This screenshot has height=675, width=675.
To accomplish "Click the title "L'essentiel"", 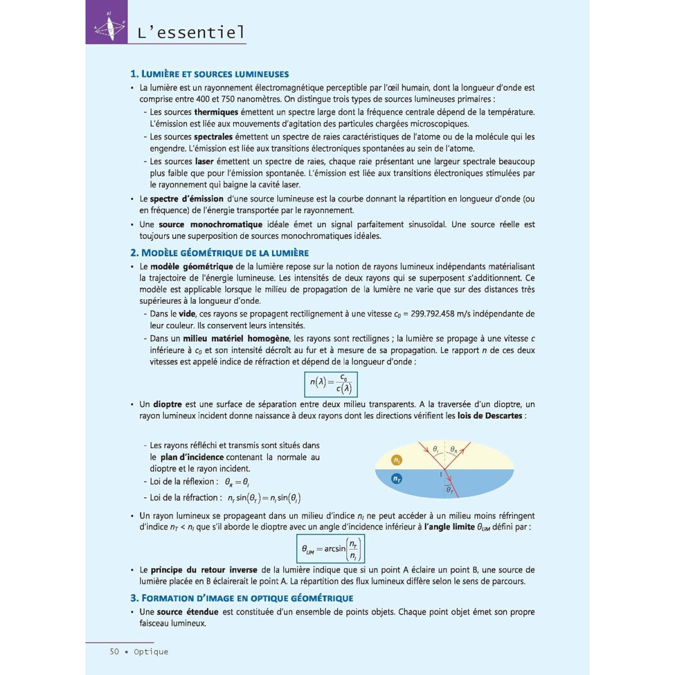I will [191, 32].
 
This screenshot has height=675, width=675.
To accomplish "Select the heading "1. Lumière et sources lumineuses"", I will [209, 74].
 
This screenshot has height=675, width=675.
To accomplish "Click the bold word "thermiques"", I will [216, 112].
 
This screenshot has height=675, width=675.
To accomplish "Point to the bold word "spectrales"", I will [213, 137].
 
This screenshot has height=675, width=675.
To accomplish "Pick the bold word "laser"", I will [204, 161].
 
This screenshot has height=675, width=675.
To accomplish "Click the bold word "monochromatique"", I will [226, 224].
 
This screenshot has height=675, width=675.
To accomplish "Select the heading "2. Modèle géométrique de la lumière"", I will [219, 253].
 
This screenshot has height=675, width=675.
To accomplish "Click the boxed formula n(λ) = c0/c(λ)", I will [331, 384].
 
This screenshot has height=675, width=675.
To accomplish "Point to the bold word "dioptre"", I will [167, 404].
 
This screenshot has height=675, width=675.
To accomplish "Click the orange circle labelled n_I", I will [397, 460].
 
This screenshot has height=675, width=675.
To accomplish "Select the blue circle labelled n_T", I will [397, 479].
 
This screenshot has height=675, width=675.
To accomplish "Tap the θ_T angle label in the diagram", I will [449, 490].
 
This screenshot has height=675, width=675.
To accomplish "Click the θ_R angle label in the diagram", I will [454, 450].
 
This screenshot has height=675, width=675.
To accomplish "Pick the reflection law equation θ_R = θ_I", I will [237, 482].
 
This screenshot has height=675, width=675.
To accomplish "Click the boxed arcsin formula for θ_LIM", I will [331, 548].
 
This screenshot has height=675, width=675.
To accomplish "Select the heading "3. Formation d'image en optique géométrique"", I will [242, 598].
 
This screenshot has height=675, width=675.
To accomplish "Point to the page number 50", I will [115, 651].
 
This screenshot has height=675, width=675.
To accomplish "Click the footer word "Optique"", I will [151, 651].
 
